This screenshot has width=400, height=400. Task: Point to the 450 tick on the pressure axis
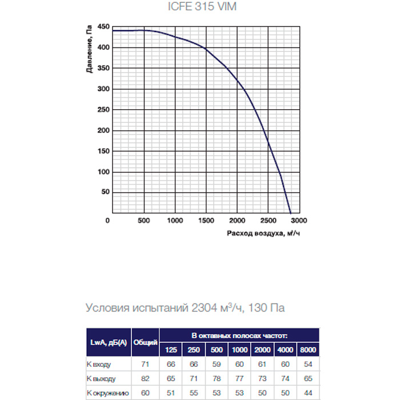(x=103, y=27)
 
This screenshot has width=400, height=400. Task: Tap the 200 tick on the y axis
(x=103, y=130)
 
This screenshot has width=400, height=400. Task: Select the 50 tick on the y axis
(x=105, y=193)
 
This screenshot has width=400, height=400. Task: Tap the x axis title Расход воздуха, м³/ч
(x=263, y=233)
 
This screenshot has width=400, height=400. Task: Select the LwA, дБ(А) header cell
(x=109, y=342)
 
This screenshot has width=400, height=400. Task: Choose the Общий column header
(x=146, y=342)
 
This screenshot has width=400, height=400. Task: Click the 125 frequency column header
(x=171, y=350)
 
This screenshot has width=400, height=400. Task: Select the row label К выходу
(x=103, y=378)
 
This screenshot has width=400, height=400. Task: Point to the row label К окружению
(x=107, y=393)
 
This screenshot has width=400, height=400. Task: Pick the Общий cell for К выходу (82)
(x=146, y=378)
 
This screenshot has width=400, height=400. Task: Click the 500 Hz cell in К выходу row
(x=217, y=378)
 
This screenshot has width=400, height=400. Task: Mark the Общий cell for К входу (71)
(x=146, y=364)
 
